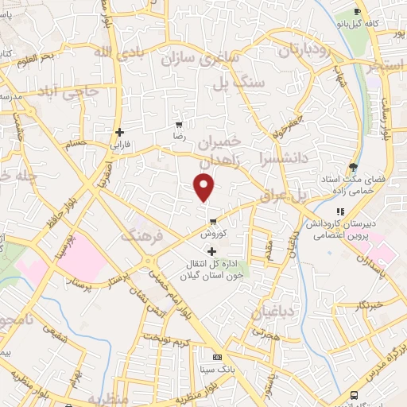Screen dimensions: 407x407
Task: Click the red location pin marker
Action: (204, 188)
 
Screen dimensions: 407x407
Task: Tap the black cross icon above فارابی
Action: (119, 132)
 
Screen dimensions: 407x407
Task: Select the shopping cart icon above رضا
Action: (179, 124)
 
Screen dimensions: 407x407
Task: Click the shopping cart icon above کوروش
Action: (213, 222)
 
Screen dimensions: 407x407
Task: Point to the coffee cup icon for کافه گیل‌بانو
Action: (357, 11)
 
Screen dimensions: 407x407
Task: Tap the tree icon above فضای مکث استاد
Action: (354, 167)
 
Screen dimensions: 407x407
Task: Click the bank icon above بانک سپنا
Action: (217, 356)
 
